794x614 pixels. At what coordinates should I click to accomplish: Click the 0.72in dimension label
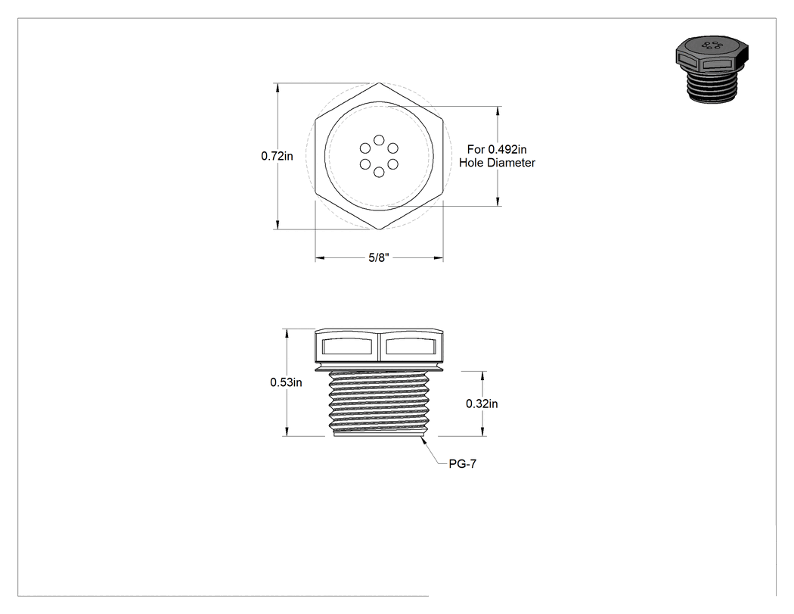point(277,156)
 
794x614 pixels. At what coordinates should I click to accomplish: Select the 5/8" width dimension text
point(379,257)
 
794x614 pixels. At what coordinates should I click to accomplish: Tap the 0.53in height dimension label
point(286,382)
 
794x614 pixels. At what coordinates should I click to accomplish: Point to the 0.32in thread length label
point(482,404)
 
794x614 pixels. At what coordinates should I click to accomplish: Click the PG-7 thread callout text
point(462,464)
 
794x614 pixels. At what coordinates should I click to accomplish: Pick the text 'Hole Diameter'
point(498,163)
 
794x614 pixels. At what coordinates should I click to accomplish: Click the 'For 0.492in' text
point(497,150)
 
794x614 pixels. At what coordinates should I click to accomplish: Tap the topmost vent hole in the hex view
point(379,140)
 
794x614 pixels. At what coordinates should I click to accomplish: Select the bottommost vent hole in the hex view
point(379,173)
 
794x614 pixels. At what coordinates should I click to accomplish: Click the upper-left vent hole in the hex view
point(365,148)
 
